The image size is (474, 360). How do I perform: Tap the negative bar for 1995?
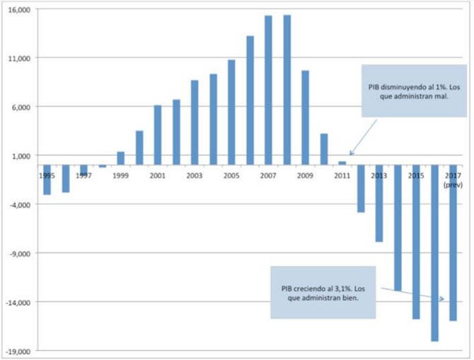[x=47, y=180]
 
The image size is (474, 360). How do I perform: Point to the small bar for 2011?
[x=342, y=163]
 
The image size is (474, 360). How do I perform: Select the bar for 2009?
[x=306, y=117]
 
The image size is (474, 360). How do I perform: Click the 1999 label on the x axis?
[x=121, y=175]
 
